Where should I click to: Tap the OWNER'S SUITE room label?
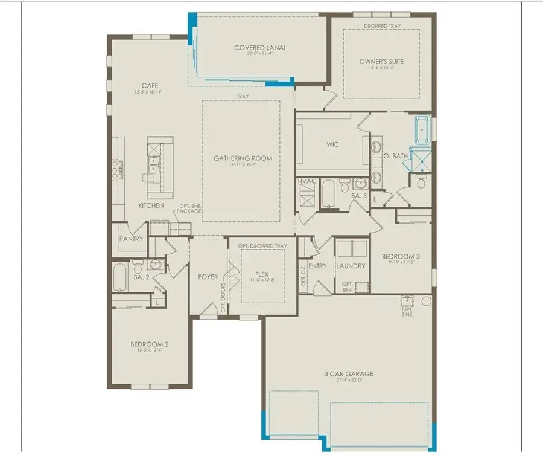381,61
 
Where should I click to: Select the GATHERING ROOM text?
243,158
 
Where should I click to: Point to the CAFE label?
150,86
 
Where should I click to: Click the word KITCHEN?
151,205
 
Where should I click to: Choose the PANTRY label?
131,239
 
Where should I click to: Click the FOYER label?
208,277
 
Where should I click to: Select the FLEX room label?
261,273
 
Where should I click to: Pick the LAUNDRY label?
351,266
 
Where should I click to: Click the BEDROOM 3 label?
401,256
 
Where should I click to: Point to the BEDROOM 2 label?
150,344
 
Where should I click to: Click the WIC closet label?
332,144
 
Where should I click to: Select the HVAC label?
306,182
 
